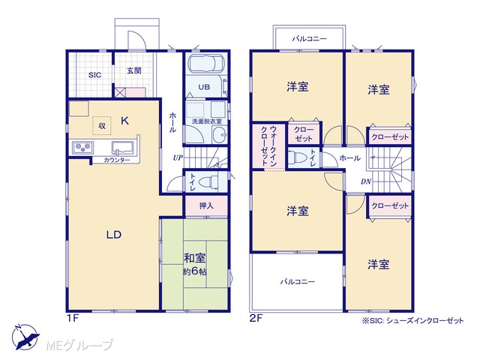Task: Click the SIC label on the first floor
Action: [94, 75]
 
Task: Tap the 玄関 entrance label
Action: [134, 70]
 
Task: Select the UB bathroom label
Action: [204, 87]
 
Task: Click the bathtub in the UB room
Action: [206, 64]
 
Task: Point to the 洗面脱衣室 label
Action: [207, 121]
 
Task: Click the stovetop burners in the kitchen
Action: [83, 148]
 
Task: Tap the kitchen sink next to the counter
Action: [123, 148]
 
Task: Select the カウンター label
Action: [117, 160]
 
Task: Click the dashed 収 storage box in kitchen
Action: [102, 125]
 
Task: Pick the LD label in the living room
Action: [114, 235]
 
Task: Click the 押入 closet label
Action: [206, 205]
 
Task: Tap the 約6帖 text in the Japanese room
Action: [195, 271]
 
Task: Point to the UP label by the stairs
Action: [178, 158]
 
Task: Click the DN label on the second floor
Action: [366, 181]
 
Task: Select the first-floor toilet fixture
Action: [208, 182]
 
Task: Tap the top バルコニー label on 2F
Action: [310, 39]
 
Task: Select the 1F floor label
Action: [73, 319]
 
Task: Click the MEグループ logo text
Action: [79, 345]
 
